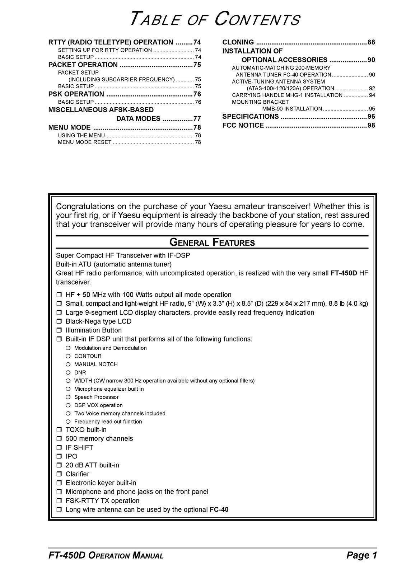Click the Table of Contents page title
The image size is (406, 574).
pos(214,19)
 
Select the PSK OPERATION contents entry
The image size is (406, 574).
pos(76,94)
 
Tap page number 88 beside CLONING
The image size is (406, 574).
pos(371,42)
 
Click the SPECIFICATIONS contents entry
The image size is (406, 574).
pos(251,117)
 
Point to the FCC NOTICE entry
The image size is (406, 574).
pos(243,126)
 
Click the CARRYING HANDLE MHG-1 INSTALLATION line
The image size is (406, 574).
pos(287,95)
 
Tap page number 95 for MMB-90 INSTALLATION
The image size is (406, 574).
pos(372,109)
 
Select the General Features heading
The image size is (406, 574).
pos(212,243)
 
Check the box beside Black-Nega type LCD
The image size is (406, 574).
pos(59,322)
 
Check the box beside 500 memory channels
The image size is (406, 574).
pos(59,439)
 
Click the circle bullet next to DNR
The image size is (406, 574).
pos(68,373)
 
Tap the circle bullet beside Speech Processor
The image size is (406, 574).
pos(68,397)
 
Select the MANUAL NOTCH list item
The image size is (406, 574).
pos(96,364)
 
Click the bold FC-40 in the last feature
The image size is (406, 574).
pos(219,510)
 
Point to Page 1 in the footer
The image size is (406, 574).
pos(361,556)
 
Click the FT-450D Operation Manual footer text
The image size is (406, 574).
pos(106,556)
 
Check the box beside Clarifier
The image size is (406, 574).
pos(59,474)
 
